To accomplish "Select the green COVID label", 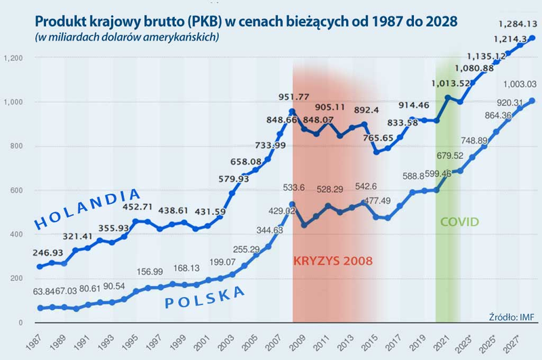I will (459, 222).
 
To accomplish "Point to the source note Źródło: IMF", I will (512, 317).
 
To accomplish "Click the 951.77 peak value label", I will (293, 97).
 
